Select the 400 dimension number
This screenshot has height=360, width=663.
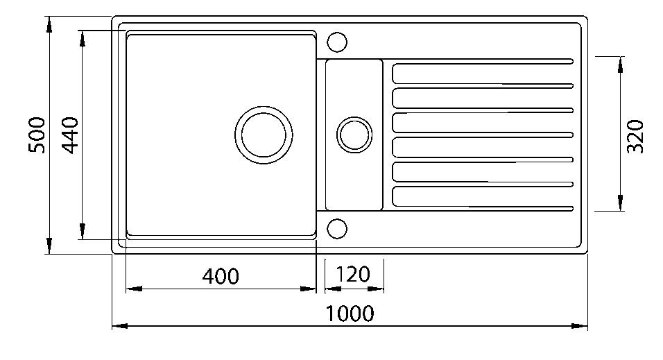pyautogui.click(x=221, y=276)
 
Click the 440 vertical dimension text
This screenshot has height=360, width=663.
pyautogui.click(x=71, y=135)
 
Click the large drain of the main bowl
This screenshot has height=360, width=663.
pyautogui.click(x=264, y=135)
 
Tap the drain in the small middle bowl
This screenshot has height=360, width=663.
pyautogui.click(x=354, y=134)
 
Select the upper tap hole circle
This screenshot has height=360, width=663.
pyautogui.click(x=337, y=42)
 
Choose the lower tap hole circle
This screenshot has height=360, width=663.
pyautogui.click(x=337, y=228)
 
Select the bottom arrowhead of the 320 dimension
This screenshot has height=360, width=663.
pyautogui.click(x=619, y=202)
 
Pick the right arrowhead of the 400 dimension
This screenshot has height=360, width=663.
pyautogui.click(x=309, y=288)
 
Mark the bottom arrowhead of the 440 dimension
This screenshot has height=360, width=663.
pyautogui.click(x=83, y=232)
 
